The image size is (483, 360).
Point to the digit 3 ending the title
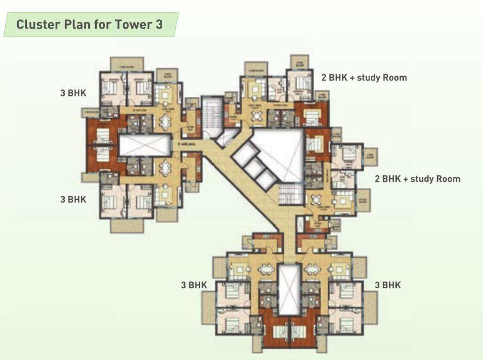tap(159, 24)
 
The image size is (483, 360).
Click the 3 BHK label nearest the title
tap(73, 93)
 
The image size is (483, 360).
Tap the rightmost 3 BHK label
tap(388, 285)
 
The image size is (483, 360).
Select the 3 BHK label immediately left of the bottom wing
tap(194, 285)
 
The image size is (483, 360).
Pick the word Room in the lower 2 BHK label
tap(447, 179)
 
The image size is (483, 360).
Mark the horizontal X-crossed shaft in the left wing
tap(144, 145)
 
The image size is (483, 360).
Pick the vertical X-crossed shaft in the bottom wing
tap(289, 289)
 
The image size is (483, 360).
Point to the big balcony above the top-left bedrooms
tap(127, 64)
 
